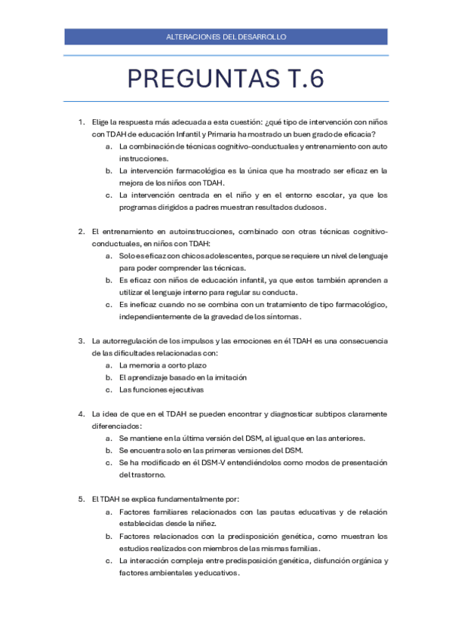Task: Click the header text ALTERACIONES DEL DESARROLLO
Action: click(226, 37)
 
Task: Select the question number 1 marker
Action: click(81, 121)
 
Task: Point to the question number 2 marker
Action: click(81, 231)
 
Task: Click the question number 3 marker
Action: click(81, 340)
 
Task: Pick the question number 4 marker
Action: click(81, 414)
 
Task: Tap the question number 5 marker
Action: click(81, 499)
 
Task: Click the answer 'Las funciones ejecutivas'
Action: click(161, 389)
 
